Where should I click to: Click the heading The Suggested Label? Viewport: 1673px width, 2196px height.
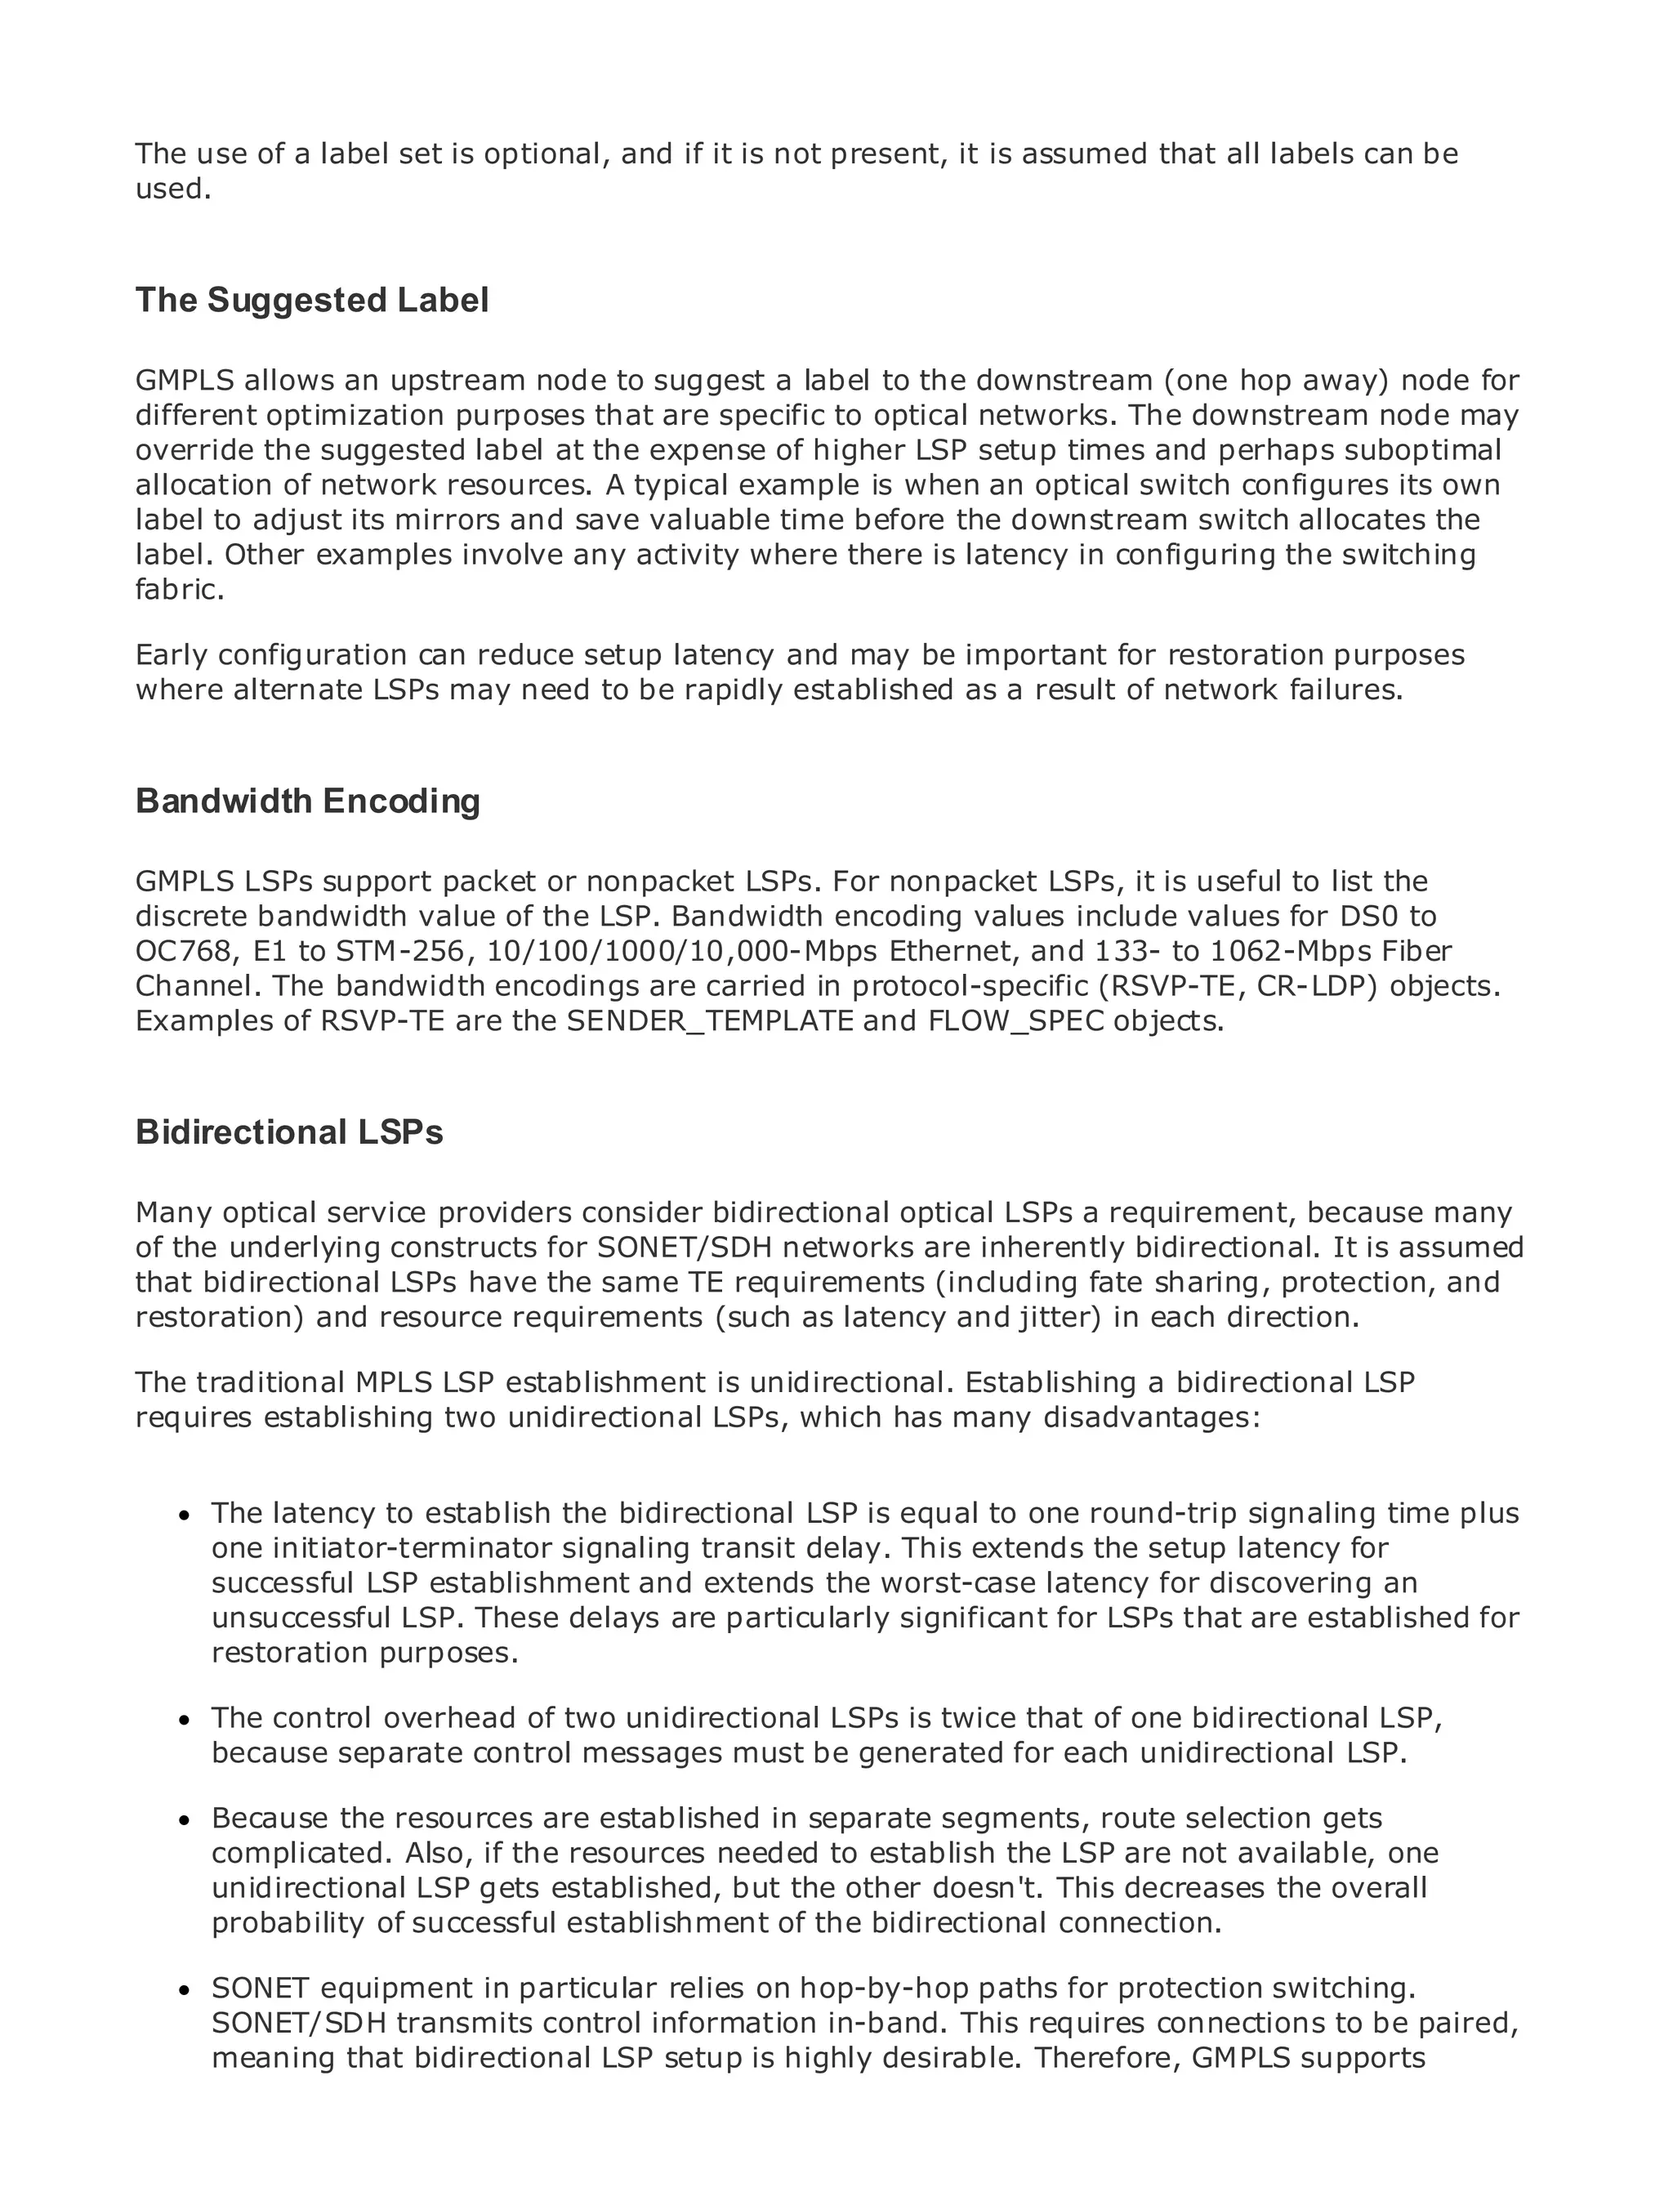coord(312,301)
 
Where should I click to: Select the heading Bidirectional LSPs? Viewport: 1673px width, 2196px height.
coord(289,1132)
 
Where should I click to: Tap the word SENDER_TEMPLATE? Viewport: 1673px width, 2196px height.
coord(710,1022)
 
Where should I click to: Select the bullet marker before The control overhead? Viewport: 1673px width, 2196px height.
coord(183,1722)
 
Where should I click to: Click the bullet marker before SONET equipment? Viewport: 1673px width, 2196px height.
coord(183,1992)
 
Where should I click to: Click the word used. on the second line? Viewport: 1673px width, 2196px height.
coord(173,190)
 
